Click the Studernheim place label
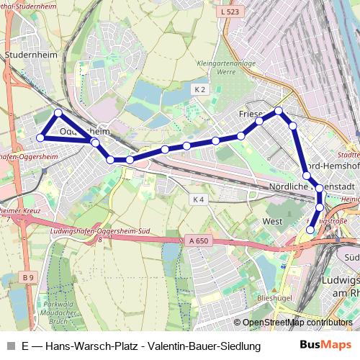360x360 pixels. pyautogui.click(x=26, y=54)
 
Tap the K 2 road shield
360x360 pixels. pyautogui.click(x=199, y=89)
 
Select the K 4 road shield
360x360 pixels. pyautogui.click(x=199, y=199)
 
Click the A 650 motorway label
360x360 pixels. pyautogui.click(x=194, y=240)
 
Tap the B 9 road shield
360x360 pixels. pyautogui.click(x=28, y=276)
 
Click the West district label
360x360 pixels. pyautogui.click(x=273, y=221)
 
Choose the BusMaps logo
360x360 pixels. pyautogui.click(x=325, y=346)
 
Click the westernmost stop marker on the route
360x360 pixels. pyautogui.click(x=41, y=138)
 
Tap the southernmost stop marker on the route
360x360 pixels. pyautogui.click(x=311, y=230)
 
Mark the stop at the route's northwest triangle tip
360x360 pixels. pyautogui.click(x=58, y=113)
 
